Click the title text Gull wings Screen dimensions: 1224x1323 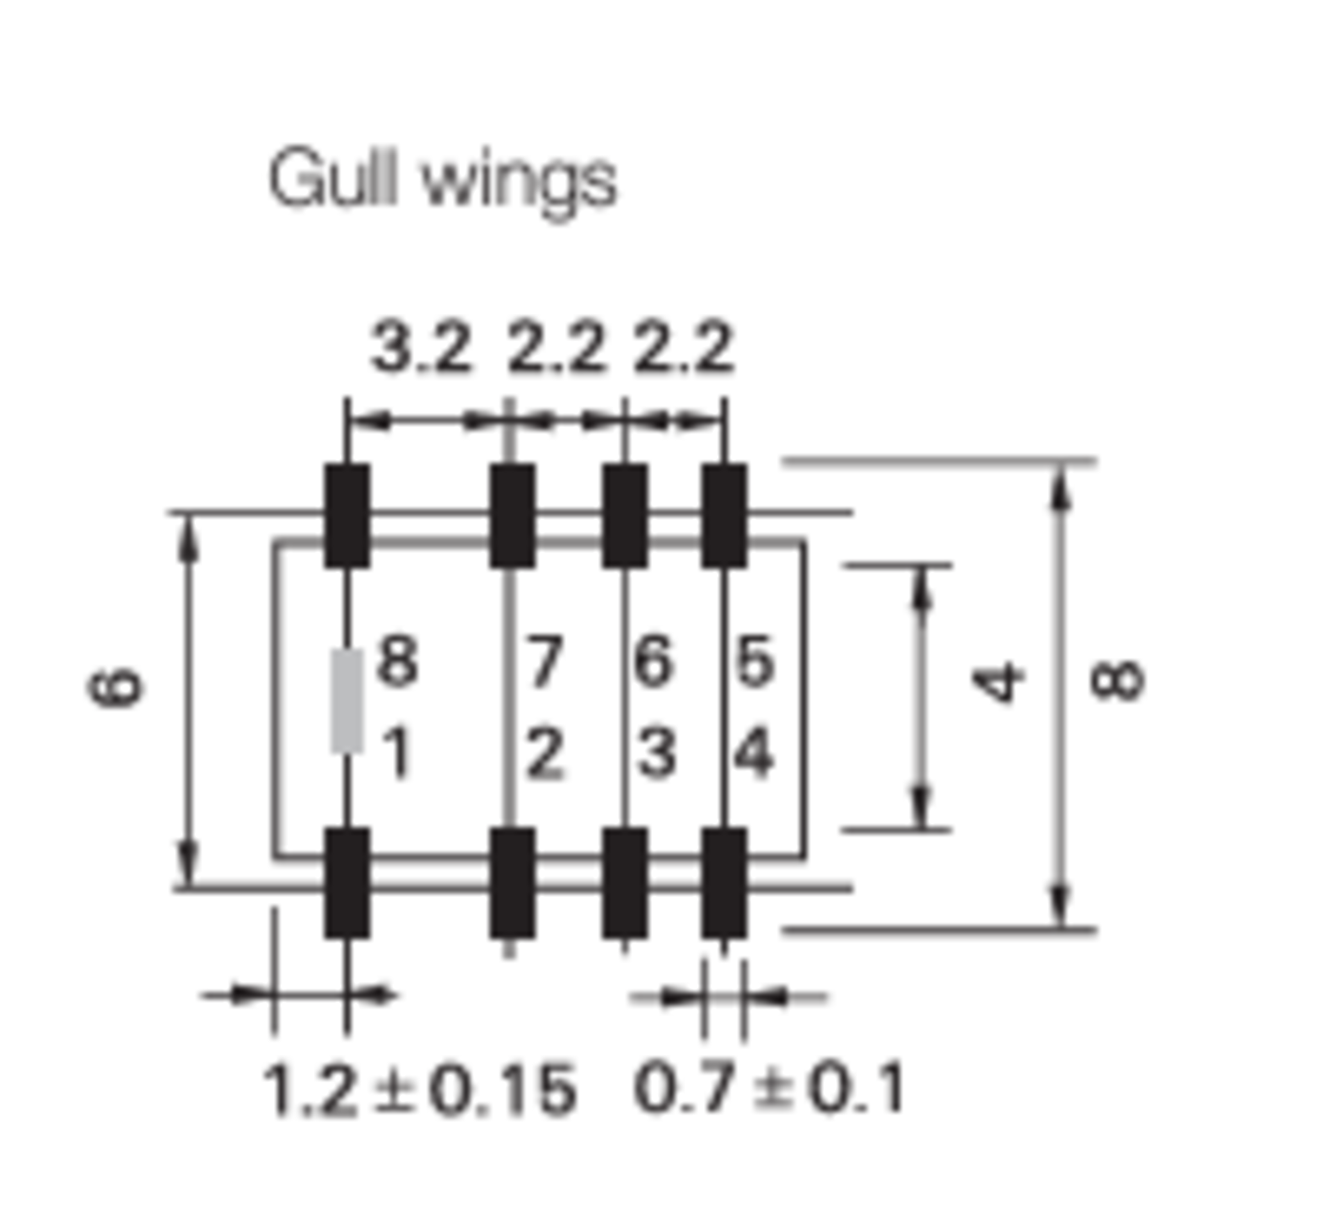(x=442, y=180)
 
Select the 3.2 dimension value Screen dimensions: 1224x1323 (x=422, y=347)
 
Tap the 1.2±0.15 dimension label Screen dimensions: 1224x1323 (x=419, y=1089)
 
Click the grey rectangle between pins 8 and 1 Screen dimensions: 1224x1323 (x=347, y=701)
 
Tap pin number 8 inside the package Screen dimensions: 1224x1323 (x=397, y=661)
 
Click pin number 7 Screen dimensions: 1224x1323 (x=544, y=661)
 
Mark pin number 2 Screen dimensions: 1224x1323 (x=544, y=753)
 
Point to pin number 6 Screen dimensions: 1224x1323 (x=654, y=661)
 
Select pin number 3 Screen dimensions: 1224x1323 (x=655, y=753)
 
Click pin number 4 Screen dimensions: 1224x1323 (x=754, y=753)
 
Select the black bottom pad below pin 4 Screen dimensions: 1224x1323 (x=724, y=882)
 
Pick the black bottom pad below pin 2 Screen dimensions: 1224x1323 (x=512, y=882)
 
